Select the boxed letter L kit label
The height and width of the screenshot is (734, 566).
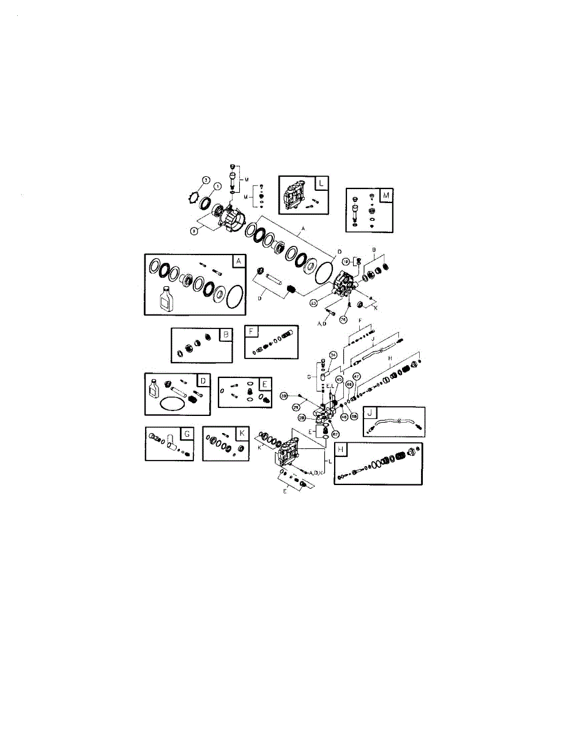click(x=322, y=183)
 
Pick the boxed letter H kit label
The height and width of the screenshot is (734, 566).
click(x=341, y=450)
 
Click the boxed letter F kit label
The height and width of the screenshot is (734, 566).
click(x=251, y=332)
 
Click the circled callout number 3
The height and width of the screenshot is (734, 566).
click(x=207, y=180)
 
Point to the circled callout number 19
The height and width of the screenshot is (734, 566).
click(x=345, y=261)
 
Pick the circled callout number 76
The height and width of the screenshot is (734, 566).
click(x=343, y=319)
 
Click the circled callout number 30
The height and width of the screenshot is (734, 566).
click(x=284, y=396)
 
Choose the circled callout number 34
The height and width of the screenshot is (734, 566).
click(x=333, y=355)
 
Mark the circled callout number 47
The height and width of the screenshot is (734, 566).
click(x=356, y=376)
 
